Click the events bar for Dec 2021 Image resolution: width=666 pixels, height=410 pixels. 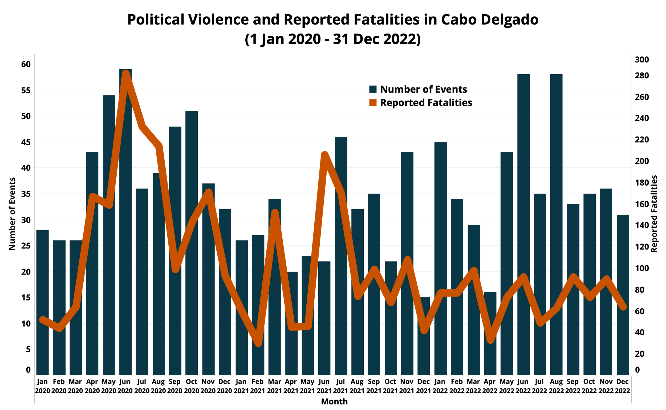coord(424,336)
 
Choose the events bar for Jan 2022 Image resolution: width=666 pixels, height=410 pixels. coord(440,258)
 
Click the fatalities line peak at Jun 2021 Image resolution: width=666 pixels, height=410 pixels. coord(324,155)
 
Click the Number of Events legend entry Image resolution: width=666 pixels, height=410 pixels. coord(418,89)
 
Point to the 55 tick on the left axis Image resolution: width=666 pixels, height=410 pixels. coord(26,90)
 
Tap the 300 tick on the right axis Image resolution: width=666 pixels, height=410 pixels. coord(642,60)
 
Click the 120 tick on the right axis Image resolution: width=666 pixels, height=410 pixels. coord(642,247)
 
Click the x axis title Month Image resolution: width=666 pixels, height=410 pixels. coord(334,401)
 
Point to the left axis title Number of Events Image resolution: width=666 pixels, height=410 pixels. coord(12,214)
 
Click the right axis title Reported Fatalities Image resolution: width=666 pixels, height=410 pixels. coord(654,214)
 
